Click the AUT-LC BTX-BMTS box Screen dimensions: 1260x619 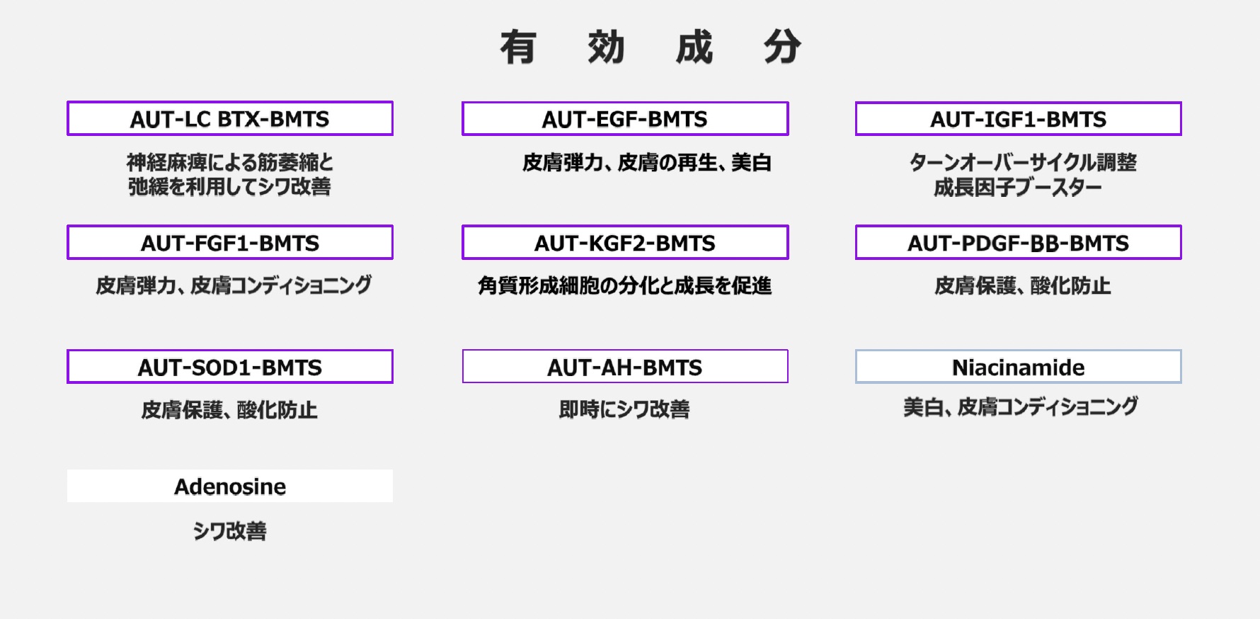pos(230,119)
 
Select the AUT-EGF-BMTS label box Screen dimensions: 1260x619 pos(625,119)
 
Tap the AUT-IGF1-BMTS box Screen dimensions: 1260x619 pos(1018,119)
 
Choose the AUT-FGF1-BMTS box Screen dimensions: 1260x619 pos(230,243)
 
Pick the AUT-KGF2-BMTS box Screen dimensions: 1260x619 pos(625,243)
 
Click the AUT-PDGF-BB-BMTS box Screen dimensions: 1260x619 pos(1018,243)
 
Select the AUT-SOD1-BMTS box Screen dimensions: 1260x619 pos(230,367)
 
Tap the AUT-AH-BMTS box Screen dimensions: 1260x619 pos(625,367)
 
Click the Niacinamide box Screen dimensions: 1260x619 pos(1018,367)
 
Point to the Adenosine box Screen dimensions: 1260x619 pos(230,487)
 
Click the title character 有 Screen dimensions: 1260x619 pos(517,48)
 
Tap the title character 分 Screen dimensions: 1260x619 pos(782,48)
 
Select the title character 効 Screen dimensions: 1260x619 pos(606,48)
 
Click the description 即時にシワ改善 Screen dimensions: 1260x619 pos(624,409)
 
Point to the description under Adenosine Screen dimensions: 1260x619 pos(230,531)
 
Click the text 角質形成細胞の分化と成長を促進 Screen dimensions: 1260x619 pos(624,285)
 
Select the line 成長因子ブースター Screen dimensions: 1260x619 pos(1018,188)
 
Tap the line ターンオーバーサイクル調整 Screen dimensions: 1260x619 pos(1023,163)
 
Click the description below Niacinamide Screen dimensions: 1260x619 pos(1020,407)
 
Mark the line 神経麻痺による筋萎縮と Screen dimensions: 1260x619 pos(230,163)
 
